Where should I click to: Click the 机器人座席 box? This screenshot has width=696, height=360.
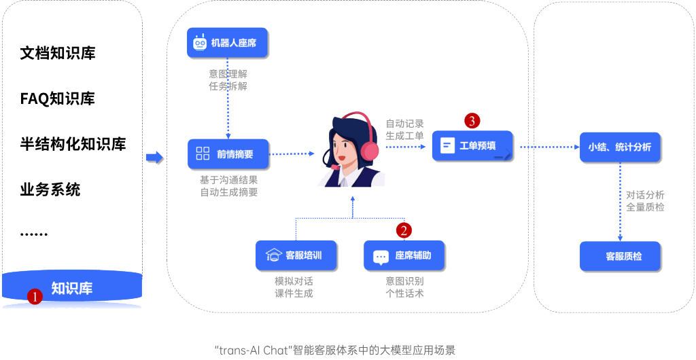click(x=228, y=43)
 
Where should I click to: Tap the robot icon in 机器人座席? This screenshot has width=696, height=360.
click(x=200, y=43)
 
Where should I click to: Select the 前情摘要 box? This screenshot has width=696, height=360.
click(x=228, y=154)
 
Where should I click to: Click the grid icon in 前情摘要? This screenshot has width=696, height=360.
click(x=203, y=154)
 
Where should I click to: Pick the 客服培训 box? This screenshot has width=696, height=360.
click(x=296, y=255)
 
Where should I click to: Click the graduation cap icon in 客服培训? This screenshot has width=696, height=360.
click(x=273, y=255)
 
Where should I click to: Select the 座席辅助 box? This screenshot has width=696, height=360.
click(x=406, y=255)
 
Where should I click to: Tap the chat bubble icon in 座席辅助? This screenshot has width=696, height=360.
click(x=381, y=257)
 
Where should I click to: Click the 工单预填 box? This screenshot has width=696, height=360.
click(x=473, y=146)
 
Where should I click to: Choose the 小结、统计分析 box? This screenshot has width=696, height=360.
click(x=620, y=147)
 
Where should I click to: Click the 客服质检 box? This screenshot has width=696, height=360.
click(x=620, y=257)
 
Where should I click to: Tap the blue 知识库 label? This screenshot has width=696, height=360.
click(x=72, y=288)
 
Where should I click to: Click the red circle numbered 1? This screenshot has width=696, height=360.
click(x=35, y=295)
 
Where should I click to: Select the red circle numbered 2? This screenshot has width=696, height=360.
click(x=404, y=230)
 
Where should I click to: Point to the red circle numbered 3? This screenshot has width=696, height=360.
click(x=472, y=121)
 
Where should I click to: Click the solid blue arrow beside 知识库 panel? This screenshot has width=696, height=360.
click(x=155, y=158)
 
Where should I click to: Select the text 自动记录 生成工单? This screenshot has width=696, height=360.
click(x=404, y=130)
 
